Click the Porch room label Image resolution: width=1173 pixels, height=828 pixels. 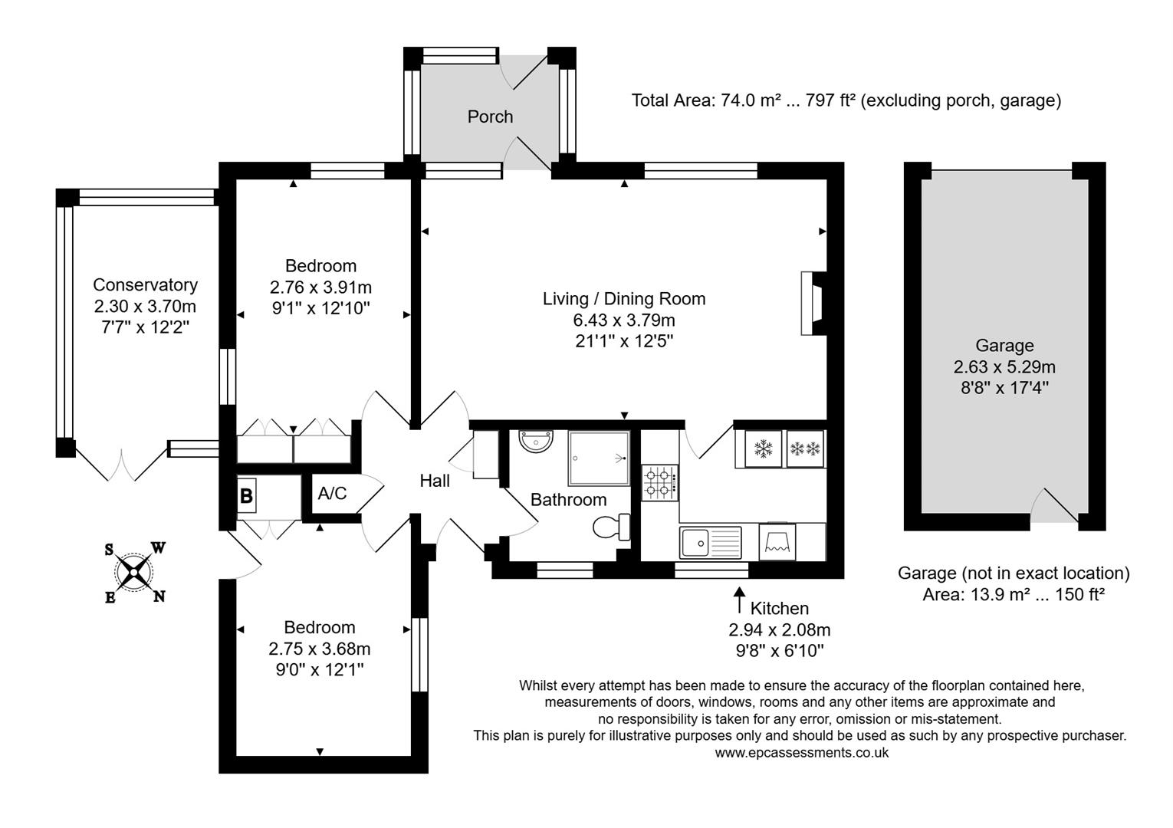(490, 117)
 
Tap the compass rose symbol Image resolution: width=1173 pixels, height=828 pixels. (135, 571)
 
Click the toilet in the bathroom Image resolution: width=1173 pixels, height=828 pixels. (611, 527)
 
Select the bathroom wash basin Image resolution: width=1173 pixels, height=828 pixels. (535, 442)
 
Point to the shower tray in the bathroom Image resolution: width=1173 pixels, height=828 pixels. (599, 458)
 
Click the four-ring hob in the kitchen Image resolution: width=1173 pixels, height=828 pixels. (659, 482)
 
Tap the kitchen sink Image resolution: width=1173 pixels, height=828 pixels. (710, 542)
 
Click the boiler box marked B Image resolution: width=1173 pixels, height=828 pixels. (246, 495)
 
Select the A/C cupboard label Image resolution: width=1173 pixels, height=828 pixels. (332, 493)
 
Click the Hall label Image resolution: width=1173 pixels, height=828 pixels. (435, 481)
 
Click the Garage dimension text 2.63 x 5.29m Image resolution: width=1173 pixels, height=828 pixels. (1004, 366)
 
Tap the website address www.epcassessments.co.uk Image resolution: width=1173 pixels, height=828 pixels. (802, 752)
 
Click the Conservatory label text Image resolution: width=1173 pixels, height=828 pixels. (145, 284)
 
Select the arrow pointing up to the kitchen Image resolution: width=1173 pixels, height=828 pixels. (739, 600)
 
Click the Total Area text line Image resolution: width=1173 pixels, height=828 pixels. (846, 100)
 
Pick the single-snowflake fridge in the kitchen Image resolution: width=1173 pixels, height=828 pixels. (762, 449)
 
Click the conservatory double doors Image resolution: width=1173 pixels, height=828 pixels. (122, 465)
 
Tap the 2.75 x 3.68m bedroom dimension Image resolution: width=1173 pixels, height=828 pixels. (319, 649)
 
